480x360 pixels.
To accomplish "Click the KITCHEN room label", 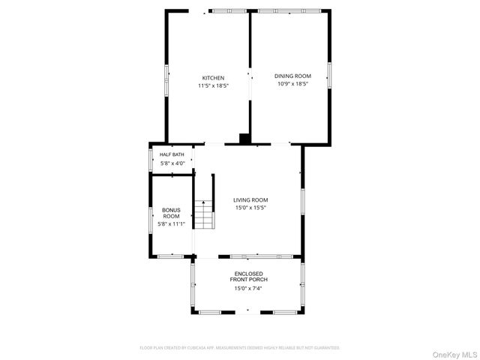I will point(213,78).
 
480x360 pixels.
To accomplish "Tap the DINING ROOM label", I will point(292,76).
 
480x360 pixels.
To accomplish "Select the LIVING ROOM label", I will point(250,199).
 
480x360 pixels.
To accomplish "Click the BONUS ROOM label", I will point(171,213).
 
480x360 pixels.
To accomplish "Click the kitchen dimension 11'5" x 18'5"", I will point(213,86).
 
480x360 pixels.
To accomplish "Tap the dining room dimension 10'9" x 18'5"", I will point(292,84).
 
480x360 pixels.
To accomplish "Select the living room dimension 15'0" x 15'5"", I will point(250,208).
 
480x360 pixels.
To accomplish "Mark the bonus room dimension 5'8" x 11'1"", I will point(171,224).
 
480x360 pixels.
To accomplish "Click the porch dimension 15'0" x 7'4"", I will point(248,288).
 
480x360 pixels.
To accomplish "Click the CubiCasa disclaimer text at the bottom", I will point(240,348).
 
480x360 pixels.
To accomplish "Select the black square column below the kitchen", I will point(244,138).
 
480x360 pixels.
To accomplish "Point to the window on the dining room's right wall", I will point(329,76).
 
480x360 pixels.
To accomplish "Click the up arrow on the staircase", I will point(202,202).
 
